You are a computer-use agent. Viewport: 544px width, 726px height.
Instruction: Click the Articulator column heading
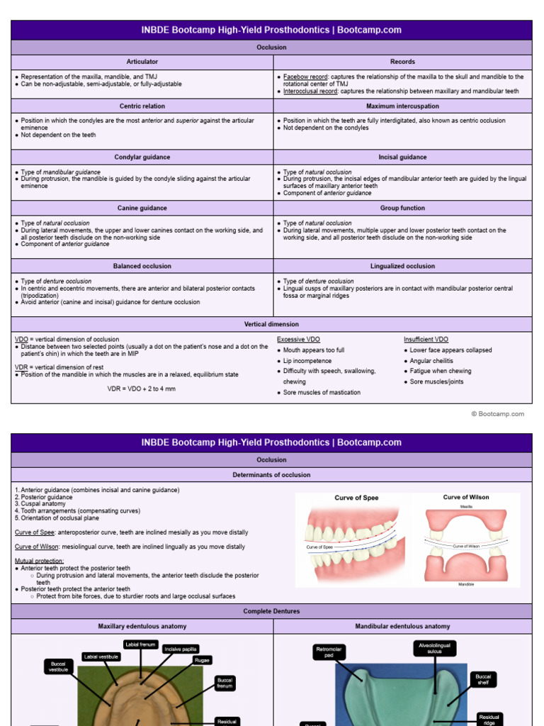tap(142, 62)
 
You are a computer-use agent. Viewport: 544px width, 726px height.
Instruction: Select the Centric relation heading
tap(142, 106)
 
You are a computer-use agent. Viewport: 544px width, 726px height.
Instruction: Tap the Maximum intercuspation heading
tap(402, 106)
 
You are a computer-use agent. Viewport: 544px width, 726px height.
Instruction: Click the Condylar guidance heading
tap(142, 157)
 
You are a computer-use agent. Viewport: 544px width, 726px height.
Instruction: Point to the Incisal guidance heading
tap(402, 157)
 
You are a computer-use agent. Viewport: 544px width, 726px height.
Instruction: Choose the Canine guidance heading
tap(142, 208)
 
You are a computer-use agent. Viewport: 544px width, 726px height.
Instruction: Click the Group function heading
tap(402, 208)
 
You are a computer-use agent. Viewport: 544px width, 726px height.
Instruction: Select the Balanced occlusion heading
tap(142, 267)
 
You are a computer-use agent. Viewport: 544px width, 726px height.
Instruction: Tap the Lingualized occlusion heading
tap(402, 267)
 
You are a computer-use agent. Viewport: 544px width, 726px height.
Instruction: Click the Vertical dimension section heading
tap(272, 325)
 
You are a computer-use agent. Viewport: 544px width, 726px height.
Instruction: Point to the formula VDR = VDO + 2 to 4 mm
tap(142, 389)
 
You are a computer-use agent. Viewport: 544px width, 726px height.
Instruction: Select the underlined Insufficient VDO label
tap(426, 340)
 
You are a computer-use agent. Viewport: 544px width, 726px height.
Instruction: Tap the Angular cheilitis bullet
tap(431, 361)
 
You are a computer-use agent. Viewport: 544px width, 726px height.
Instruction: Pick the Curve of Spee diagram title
tap(356, 498)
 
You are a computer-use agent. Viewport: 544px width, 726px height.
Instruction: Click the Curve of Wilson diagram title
tap(466, 497)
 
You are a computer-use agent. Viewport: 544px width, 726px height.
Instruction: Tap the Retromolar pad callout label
tap(329, 652)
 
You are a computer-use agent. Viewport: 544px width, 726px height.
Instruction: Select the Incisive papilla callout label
tap(181, 649)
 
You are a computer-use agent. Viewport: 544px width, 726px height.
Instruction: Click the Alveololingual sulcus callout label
tap(435, 649)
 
